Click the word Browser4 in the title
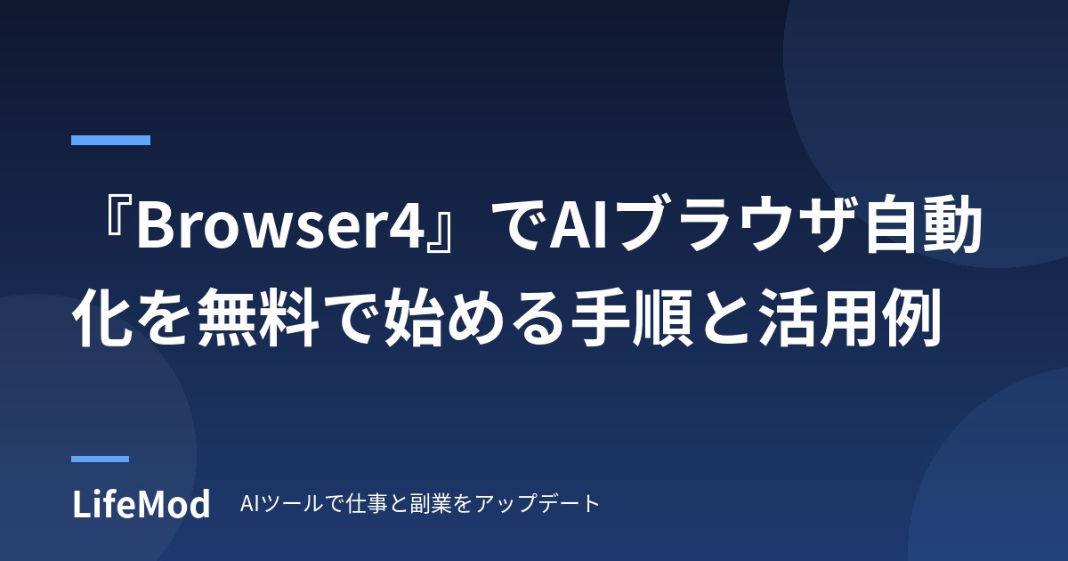pos(280,224)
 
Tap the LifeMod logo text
pos(142,504)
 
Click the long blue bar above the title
pos(110,140)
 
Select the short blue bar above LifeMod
pos(100,459)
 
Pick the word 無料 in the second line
pos(258,317)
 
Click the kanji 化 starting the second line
pos(101,317)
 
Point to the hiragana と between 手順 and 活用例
pos(725,318)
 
